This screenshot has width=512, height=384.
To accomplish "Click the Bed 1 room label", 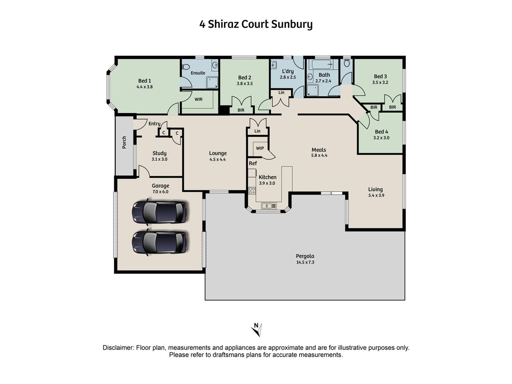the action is pos(144,81).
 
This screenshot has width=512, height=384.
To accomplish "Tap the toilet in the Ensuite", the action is pos(186,67).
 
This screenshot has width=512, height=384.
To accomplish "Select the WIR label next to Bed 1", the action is pos(198,99).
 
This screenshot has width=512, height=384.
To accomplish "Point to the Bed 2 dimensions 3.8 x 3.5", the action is pos(244,84).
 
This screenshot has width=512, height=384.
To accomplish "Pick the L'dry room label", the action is pos(288,71).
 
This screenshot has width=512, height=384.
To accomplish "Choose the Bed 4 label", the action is pos(381,132).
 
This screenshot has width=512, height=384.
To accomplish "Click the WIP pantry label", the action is pos(260,148).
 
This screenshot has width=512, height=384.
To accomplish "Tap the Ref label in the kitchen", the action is pos(253,163).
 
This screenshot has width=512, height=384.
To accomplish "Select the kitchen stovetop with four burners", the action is pos(252,190).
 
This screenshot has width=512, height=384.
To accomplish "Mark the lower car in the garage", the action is pos(159,242).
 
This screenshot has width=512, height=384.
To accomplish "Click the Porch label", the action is pos(124,143).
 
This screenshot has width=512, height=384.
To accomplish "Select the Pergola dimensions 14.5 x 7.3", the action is pos(305,262).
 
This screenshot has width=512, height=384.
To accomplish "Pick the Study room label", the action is pos(159,154).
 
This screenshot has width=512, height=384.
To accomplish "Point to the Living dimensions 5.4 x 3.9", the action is pos(376,195).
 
